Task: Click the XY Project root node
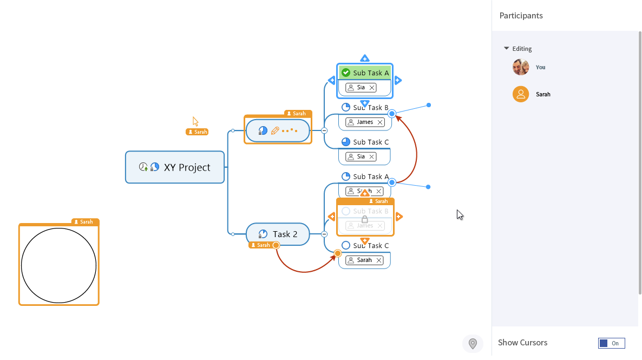tap(187, 167)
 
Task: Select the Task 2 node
tap(285, 234)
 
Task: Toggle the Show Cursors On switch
tap(611, 343)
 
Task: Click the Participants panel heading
tap(521, 16)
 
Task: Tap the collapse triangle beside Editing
tap(507, 48)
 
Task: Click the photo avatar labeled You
tap(521, 67)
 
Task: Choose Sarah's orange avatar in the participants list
tap(521, 94)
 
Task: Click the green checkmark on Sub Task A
tap(346, 73)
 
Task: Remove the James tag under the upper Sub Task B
tap(380, 122)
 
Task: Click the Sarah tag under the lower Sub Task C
tap(364, 260)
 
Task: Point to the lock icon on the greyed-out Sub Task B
tap(365, 219)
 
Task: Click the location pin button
tap(473, 344)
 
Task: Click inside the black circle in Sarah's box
tap(58, 265)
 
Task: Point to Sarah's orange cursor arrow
tap(195, 121)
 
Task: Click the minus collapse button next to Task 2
tap(324, 234)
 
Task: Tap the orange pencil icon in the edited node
tap(275, 130)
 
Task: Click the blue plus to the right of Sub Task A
tap(398, 81)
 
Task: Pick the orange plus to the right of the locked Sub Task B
tap(399, 217)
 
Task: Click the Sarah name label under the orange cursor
tap(198, 132)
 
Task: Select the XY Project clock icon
tap(143, 167)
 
